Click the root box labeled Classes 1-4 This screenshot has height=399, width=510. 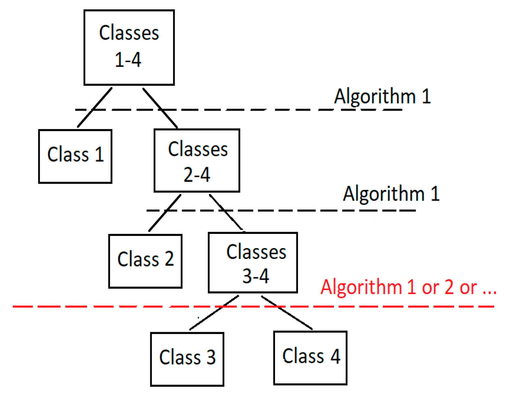(x=129, y=47)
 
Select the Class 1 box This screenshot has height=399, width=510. (x=75, y=156)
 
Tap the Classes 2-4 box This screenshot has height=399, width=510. (x=197, y=161)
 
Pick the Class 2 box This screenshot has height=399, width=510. (x=145, y=261)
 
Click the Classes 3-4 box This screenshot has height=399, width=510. (x=253, y=262)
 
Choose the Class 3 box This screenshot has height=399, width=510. (x=187, y=359)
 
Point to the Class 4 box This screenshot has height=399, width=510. (x=310, y=358)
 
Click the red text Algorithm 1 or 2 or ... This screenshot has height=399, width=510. (x=408, y=287)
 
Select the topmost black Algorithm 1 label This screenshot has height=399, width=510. (x=382, y=96)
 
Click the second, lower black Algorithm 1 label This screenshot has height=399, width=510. (x=391, y=194)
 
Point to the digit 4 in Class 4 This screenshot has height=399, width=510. (x=335, y=356)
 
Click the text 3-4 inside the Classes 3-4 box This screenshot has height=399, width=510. (x=255, y=276)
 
